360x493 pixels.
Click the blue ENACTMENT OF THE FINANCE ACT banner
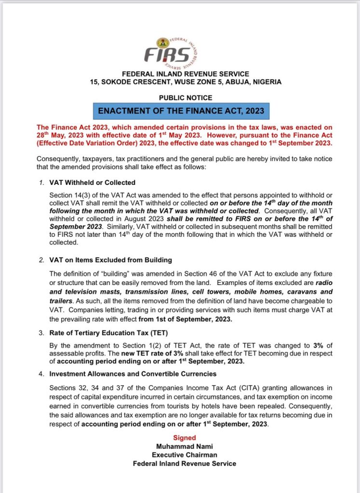click(181, 111)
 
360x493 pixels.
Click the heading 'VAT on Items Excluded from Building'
click(110, 260)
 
